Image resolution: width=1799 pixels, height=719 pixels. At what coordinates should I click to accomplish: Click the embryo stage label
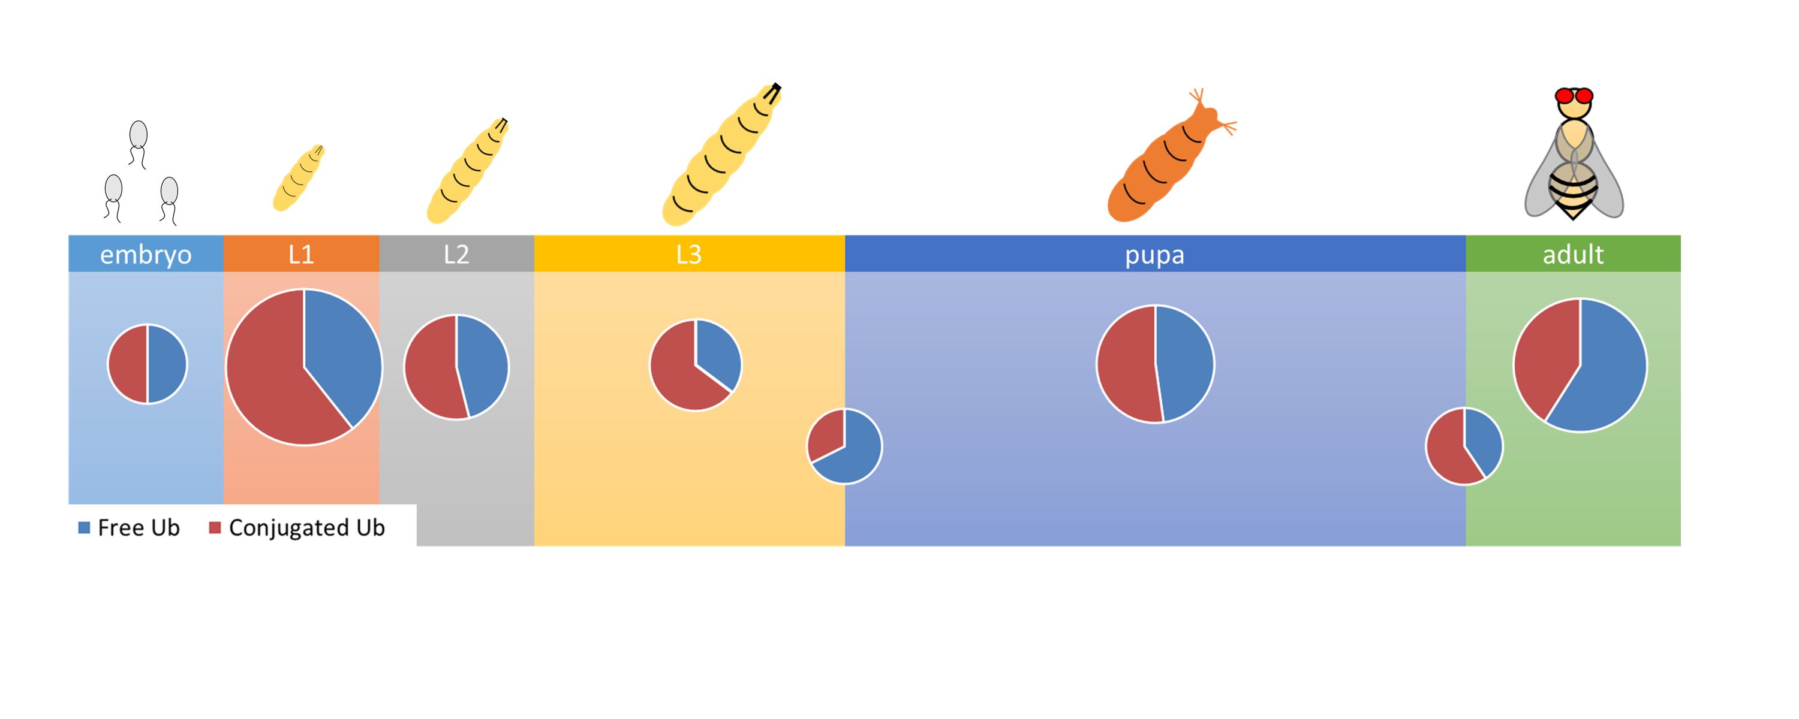click(145, 254)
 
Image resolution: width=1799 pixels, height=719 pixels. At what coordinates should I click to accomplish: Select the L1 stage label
click(301, 254)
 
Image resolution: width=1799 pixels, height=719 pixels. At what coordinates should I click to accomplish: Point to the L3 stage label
click(688, 254)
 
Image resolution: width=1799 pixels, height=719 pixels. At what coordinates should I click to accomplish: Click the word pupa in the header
click(1154, 255)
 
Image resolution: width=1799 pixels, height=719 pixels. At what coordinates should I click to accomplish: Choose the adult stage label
click(1573, 254)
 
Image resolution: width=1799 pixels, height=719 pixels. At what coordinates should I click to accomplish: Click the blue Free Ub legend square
click(85, 528)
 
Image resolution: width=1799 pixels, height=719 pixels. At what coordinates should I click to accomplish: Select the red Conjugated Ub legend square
click(215, 528)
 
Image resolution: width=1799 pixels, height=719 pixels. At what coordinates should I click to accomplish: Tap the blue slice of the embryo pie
click(166, 364)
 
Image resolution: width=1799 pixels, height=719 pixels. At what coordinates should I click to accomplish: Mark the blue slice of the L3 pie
click(716, 352)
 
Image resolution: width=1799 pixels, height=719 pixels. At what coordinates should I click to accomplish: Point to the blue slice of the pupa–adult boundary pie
click(1481, 440)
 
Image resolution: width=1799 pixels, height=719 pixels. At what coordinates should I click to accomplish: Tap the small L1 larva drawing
click(299, 177)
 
